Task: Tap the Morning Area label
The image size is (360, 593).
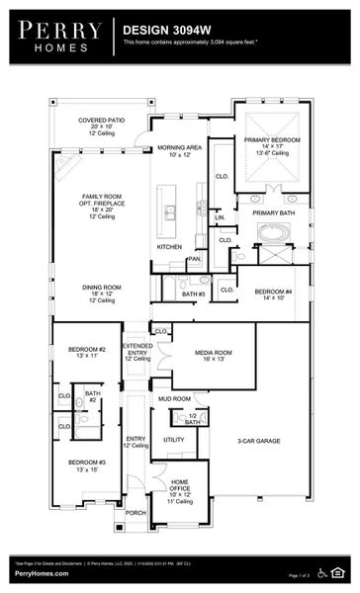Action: [x=179, y=148]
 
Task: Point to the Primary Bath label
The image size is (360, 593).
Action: [x=272, y=212]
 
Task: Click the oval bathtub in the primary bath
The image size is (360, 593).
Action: [x=271, y=233]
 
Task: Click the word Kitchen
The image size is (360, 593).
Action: [x=169, y=246]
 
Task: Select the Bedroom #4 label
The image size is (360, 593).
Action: [x=273, y=293]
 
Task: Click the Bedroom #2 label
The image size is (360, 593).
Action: [x=88, y=349]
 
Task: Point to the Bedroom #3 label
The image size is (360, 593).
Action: [x=87, y=462]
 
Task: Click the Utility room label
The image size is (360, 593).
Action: [x=174, y=439]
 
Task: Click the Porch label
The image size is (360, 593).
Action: [x=135, y=513]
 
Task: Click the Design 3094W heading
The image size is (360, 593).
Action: [x=164, y=31]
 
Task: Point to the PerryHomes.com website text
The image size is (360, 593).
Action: [x=42, y=573]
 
